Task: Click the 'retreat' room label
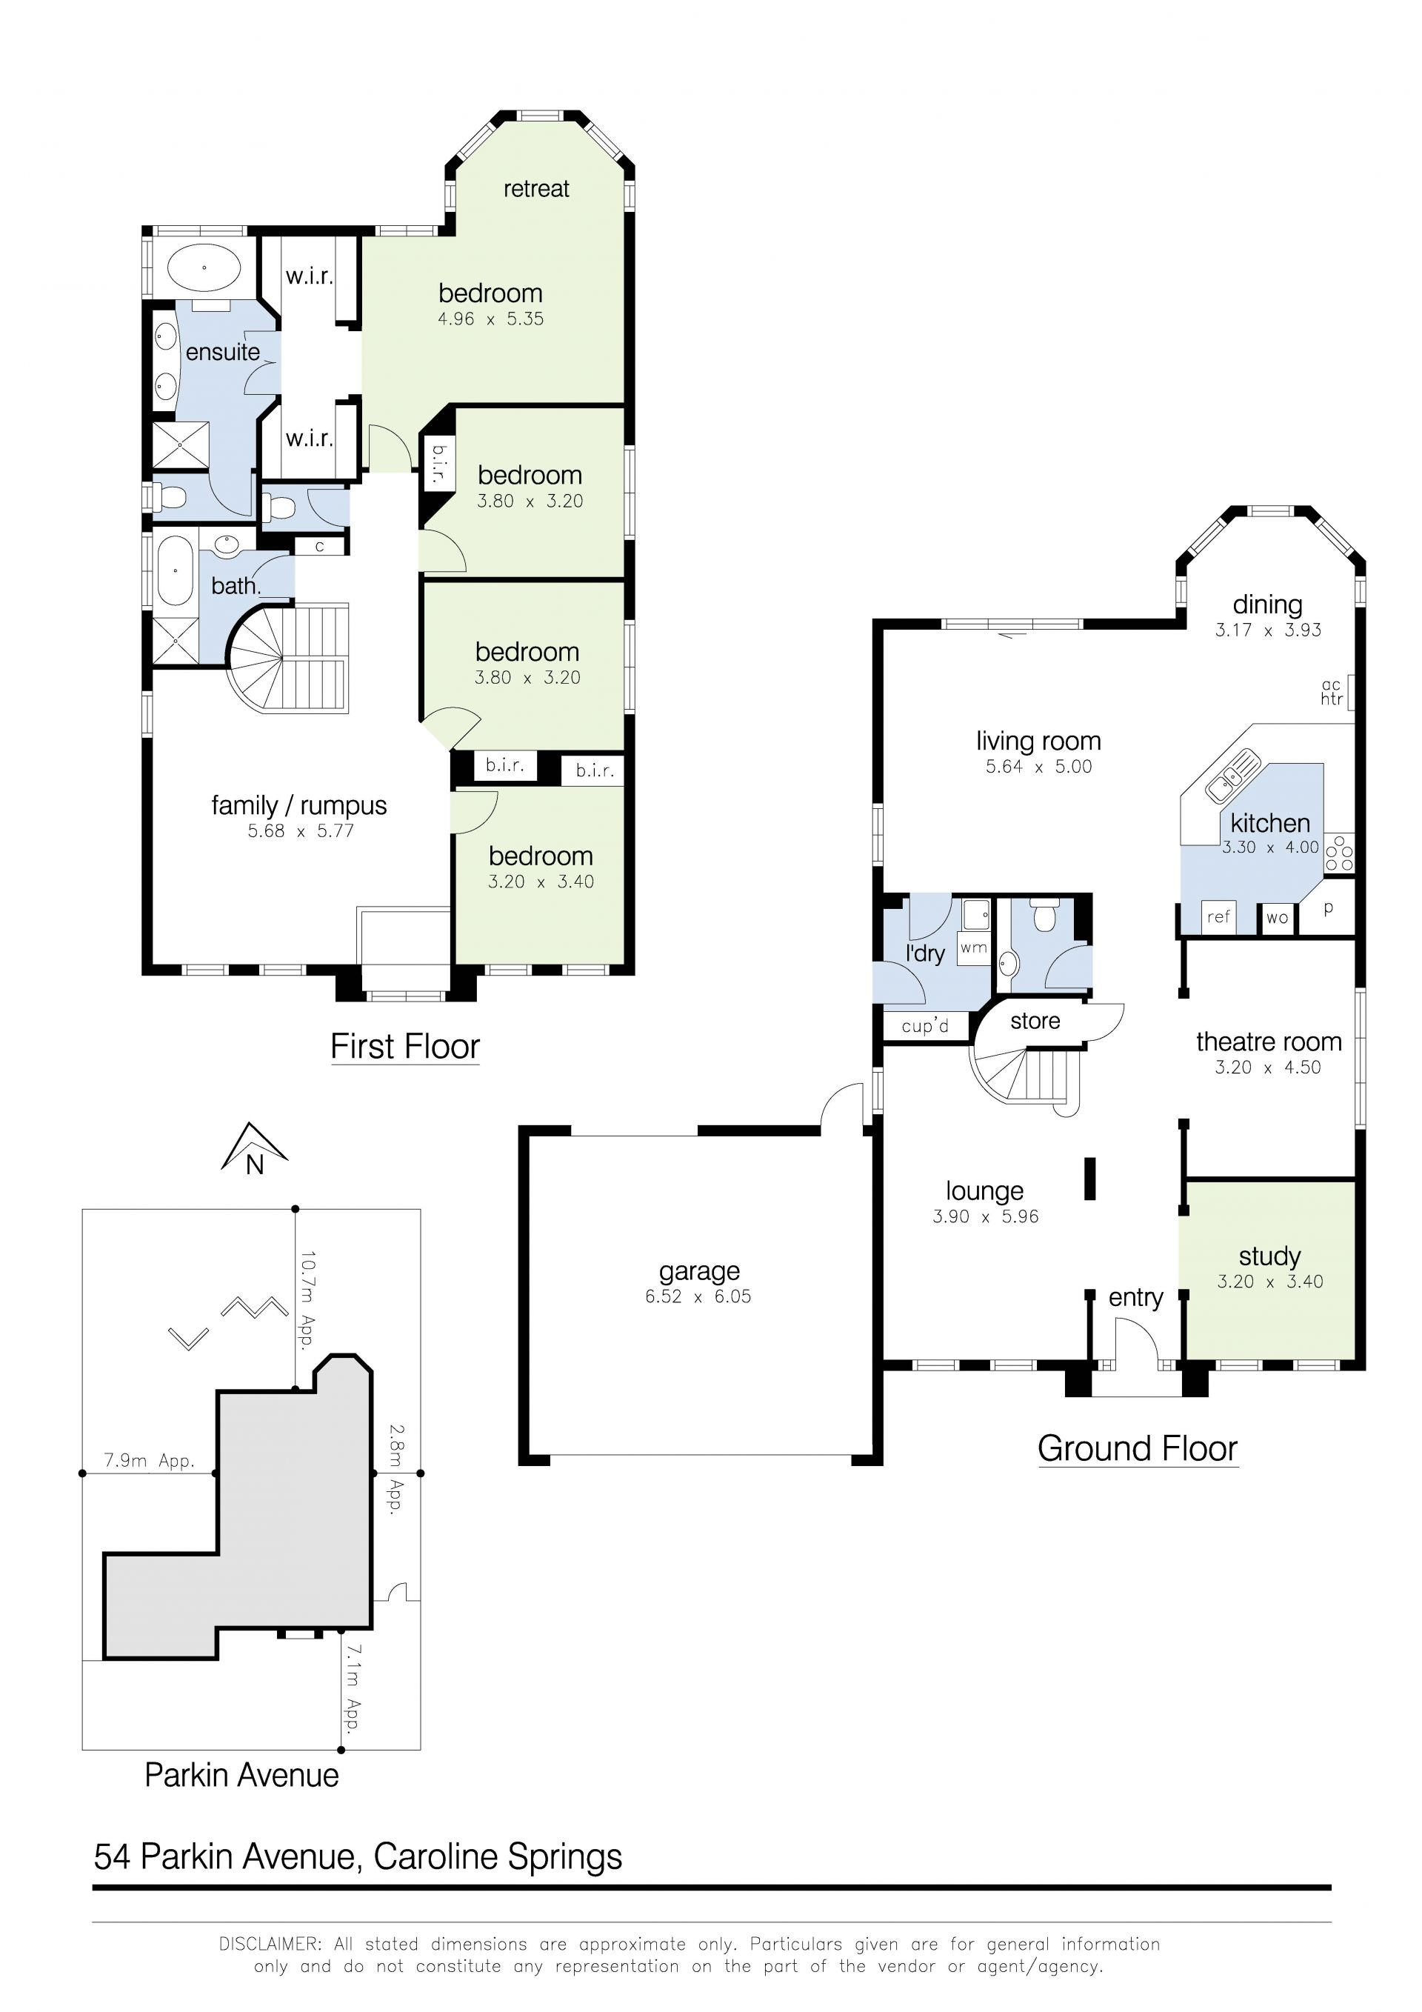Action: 536,190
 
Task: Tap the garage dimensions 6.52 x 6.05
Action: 698,1296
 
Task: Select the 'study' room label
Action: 1269,1256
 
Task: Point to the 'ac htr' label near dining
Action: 1331,693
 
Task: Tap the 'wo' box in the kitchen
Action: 1278,918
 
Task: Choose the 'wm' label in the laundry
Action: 973,947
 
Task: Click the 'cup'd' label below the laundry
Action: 924,1025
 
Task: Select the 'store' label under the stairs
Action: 1035,1021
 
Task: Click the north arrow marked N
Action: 254,1149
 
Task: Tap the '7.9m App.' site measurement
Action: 149,1461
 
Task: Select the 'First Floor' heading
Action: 405,1046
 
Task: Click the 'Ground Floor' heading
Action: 1138,1448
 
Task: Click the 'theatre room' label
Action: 1269,1041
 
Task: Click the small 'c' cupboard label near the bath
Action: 320,546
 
